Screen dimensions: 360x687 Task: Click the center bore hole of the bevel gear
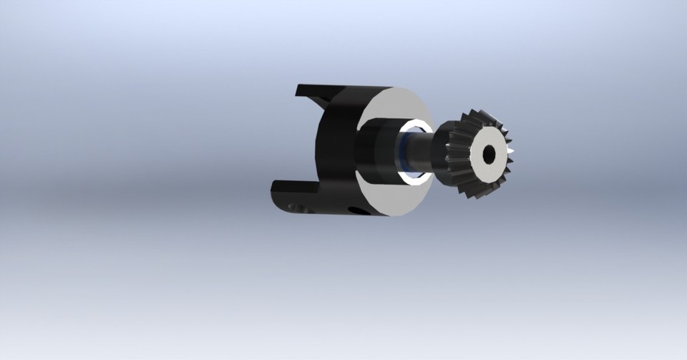pos(489,154)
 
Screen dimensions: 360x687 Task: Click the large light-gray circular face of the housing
pos(394,197)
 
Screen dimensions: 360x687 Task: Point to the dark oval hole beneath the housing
pos(356,210)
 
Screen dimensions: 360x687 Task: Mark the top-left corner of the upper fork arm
pos(298,87)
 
